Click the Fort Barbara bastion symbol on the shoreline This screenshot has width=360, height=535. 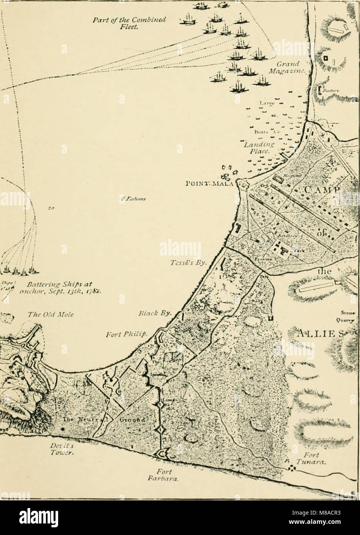(x=164, y=455)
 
